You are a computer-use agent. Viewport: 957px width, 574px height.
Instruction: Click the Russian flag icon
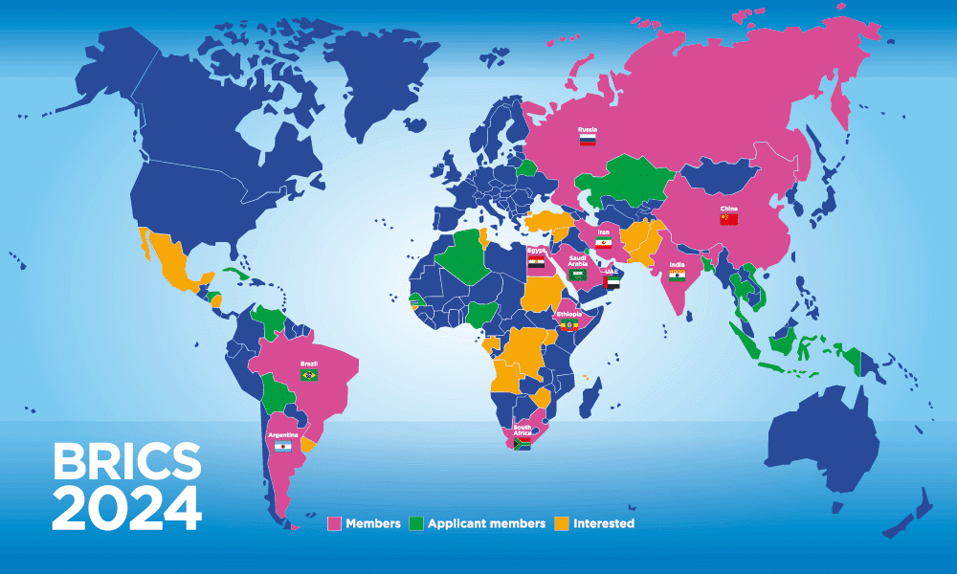(588, 140)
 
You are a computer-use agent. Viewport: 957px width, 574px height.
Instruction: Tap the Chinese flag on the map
(729, 219)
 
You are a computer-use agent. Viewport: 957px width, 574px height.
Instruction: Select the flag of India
(677, 276)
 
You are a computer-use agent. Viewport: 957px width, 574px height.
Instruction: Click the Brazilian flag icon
(309, 375)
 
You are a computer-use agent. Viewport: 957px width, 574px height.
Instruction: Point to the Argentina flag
(282, 447)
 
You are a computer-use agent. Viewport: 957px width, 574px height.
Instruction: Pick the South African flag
(522, 444)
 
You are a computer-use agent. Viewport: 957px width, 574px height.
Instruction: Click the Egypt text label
(536, 251)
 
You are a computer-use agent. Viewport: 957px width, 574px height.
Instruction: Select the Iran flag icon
(604, 244)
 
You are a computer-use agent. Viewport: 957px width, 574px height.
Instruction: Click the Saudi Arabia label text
(577, 260)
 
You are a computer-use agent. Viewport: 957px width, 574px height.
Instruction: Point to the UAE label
(612, 272)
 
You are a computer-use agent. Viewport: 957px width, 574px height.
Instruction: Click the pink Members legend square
(334, 523)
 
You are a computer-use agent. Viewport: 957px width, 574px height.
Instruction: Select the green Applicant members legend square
(415, 523)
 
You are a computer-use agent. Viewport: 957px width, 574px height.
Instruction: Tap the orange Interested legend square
(562, 523)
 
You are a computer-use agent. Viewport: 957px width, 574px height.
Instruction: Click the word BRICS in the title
(126, 462)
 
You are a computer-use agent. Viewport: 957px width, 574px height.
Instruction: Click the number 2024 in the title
(126, 508)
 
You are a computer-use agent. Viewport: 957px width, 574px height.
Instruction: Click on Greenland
(368, 67)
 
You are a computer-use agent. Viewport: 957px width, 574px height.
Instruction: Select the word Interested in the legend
(603, 523)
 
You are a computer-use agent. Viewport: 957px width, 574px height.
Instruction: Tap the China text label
(729, 208)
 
